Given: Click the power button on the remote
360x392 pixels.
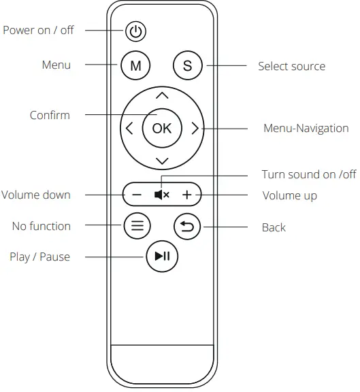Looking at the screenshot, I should tap(136, 31).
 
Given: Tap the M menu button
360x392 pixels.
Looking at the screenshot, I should tap(135, 66).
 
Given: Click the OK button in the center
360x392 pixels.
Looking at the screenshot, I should tap(162, 128).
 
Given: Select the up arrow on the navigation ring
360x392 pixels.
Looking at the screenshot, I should tap(162, 95).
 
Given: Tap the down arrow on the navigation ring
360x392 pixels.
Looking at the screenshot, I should tap(162, 161).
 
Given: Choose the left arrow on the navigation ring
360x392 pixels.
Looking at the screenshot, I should tap(129, 128).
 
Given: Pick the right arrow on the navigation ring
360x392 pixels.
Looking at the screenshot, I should tap(195, 128).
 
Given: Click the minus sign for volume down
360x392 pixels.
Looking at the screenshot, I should tap(137, 195).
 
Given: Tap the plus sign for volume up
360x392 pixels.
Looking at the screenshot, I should tap(187, 195).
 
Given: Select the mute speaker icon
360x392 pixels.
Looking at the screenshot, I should tap(162, 195).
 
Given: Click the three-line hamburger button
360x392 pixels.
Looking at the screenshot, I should tap(137, 227).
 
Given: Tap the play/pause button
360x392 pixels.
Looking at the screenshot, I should tap(162, 257).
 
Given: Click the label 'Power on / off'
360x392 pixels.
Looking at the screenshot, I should tap(38, 30).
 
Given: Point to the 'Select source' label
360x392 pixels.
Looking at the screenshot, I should tap(291, 66).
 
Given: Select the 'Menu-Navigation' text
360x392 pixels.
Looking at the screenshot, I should tap(306, 128).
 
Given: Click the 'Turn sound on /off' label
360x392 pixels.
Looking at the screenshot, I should tap(308, 174).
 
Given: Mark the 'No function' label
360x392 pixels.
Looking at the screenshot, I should tap(41, 226).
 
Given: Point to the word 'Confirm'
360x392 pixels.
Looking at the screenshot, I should tap(50, 115).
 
